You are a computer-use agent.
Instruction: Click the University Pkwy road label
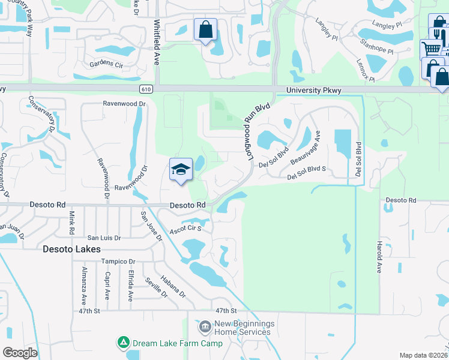313,91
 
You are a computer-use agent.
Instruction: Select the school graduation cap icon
181,170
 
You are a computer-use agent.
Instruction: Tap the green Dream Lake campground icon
123,343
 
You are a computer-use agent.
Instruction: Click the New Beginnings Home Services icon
205,327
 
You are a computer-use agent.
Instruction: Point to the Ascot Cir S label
185,229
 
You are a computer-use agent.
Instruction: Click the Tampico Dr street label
118,262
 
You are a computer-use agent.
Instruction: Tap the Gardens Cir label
106,64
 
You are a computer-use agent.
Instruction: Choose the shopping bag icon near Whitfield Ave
205,29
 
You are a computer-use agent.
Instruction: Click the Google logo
20,353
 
